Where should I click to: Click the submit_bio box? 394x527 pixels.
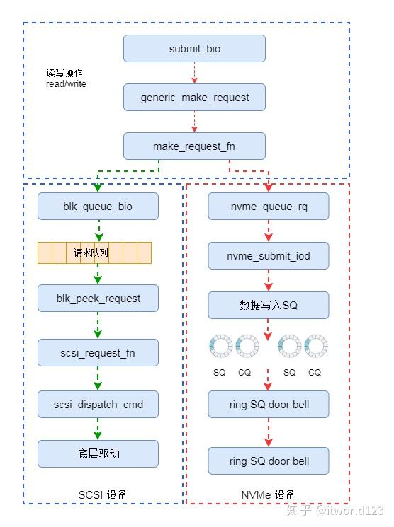click(194, 49)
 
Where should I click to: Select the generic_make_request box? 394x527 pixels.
click(194, 97)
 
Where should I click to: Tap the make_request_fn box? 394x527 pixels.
click(194, 146)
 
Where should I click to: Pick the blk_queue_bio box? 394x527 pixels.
click(98, 207)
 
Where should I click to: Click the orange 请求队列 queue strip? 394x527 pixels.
click(95, 253)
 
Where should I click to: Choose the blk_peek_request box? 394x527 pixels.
click(98, 299)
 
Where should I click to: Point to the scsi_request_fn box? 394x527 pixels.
click(98, 352)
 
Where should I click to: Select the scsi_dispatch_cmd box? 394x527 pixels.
click(98, 404)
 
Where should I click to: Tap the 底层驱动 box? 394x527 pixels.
click(98, 453)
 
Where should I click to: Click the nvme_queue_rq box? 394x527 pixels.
click(269, 207)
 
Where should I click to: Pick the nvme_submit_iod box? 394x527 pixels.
click(269, 255)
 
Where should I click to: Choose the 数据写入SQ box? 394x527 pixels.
click(269, 305)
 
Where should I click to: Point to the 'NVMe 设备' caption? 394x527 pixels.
click(269, 494)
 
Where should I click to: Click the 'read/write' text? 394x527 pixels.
click(66, 83)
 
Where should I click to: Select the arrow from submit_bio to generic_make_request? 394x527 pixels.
click(194, 73)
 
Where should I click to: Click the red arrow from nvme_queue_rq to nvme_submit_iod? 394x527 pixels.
click(269, 231)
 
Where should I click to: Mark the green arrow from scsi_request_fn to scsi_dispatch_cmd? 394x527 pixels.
click(98, 378)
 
